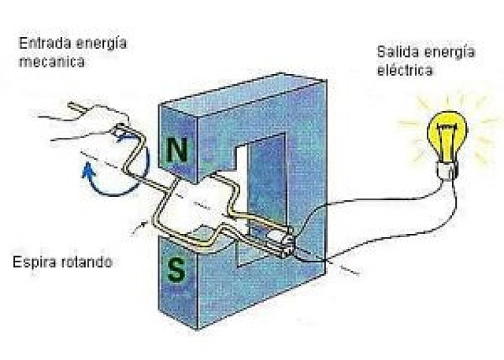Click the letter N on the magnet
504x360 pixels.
[x=179, y=150]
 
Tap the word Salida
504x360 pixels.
[x=393, y=54]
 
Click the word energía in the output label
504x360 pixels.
[x=450, y=54]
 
